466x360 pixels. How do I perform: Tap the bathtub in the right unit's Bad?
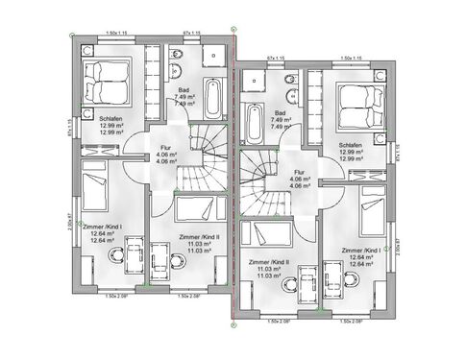click(256, 123)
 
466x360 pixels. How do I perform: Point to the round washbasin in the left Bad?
click(175, 54)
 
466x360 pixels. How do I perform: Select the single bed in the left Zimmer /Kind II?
click(199, 208)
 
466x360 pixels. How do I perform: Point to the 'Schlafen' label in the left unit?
click(111, 119)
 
